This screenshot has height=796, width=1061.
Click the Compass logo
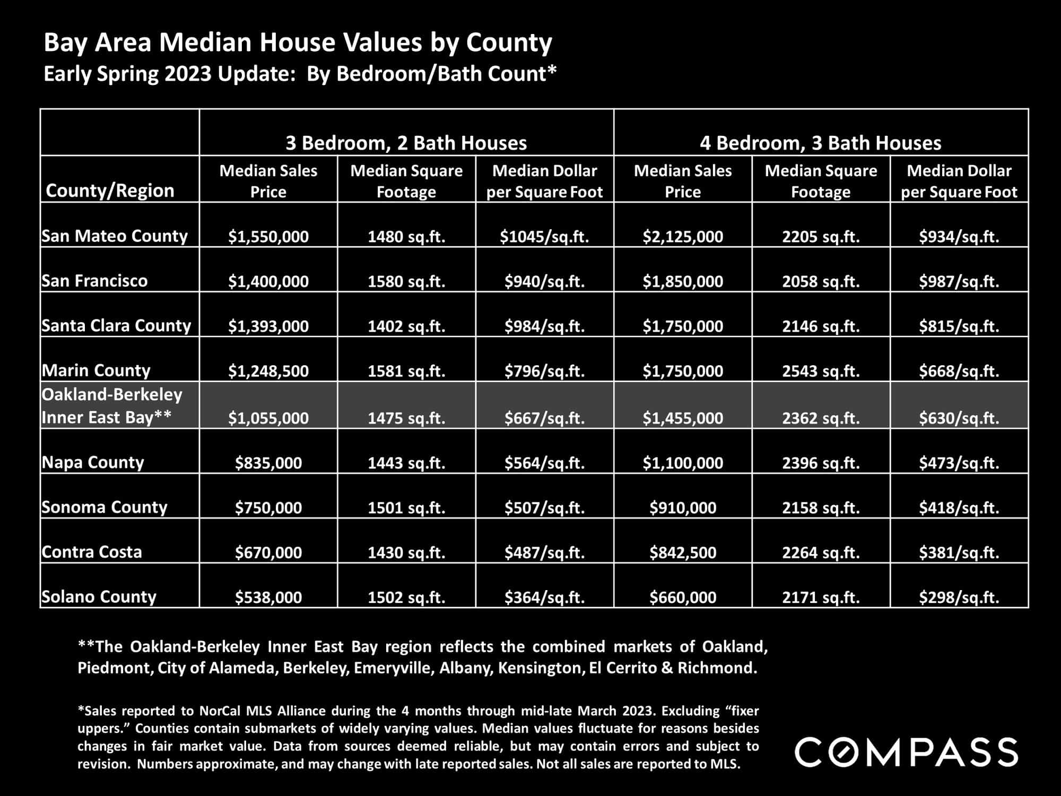point(906,751)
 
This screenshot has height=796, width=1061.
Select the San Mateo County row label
point(115,236)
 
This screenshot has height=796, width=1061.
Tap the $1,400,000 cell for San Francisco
point(268,281)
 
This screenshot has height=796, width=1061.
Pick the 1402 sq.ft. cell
point(406,326)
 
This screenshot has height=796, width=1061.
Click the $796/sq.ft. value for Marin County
point(544,370)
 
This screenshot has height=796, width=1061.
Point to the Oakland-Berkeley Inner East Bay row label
point(112,406)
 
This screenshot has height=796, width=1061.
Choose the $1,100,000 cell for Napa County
point(683,463)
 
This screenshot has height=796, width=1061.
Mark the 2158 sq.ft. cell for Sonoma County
point(821,508)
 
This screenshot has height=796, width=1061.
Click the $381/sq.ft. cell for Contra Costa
point(959,552)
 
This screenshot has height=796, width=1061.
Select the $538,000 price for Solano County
point(268,598)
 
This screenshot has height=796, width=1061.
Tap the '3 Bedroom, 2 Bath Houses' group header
point(406,143)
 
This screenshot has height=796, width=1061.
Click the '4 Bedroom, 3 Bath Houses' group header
point(821,143)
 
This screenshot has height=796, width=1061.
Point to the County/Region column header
point(110,191)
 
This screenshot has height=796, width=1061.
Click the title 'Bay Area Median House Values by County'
point(298,42)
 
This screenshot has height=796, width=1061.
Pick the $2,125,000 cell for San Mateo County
point(683,236)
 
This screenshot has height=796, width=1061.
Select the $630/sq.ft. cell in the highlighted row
point(959,418)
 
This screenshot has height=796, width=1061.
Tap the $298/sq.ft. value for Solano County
point(959,598)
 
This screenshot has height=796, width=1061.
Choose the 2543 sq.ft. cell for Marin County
point(821,370)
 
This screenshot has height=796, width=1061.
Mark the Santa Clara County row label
point(116,325)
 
